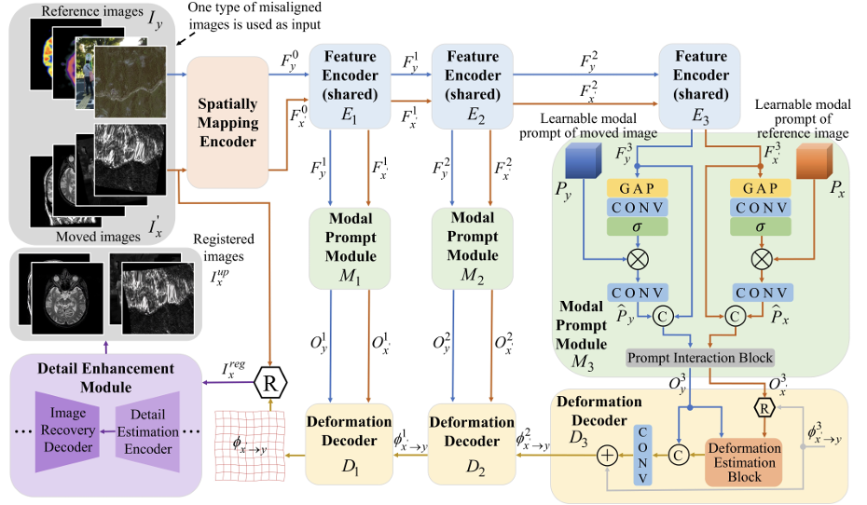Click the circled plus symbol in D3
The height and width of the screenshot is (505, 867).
pos(606,456)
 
